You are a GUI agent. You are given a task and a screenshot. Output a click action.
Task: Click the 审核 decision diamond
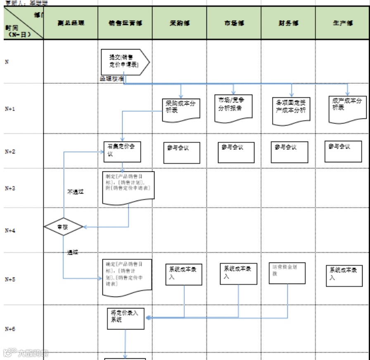63,227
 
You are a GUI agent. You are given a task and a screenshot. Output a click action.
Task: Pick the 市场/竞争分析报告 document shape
233,108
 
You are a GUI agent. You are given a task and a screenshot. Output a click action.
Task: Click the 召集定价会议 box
122,152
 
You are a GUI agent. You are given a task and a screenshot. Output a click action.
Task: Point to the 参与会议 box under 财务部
290,152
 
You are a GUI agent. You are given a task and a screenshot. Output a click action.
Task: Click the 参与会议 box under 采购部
182,153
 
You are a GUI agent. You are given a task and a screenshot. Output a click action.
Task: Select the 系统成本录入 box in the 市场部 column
239,273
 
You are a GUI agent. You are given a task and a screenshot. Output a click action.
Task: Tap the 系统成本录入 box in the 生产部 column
344,275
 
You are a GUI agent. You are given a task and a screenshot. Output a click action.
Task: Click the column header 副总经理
71,23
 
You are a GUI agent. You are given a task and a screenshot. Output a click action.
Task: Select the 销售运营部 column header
125,23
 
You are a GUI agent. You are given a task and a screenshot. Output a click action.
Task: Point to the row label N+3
10,188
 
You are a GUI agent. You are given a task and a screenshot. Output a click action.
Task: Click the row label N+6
10,329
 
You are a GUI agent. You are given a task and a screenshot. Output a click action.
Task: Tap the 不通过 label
76,192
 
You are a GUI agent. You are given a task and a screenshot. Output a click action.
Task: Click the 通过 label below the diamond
72,252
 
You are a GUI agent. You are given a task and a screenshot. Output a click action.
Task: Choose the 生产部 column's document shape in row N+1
347,108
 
